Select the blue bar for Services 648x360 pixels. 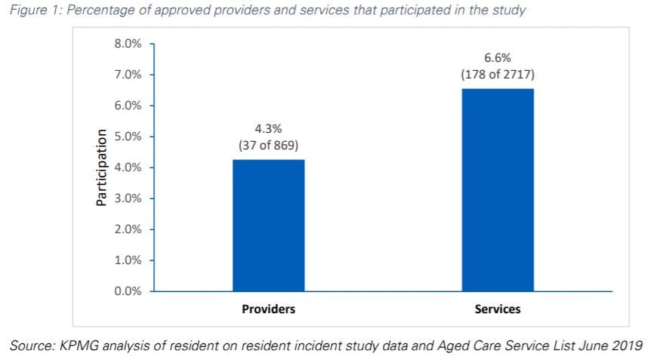point(497,189)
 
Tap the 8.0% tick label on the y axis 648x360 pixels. point(128,44)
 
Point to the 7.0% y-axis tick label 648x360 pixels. point(128,75)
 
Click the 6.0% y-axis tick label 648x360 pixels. point(128,106)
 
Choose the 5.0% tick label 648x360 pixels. point(128,137)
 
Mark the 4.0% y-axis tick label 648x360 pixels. point(128,168)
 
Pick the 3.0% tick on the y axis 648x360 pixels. point(128,198)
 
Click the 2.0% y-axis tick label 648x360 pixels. point(128,229)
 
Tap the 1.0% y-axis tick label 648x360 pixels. point(128,260)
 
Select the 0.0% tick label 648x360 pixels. point(128,291)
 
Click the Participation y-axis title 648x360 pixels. point(100,168)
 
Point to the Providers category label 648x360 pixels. point(268,309)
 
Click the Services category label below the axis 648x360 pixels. point(497,309)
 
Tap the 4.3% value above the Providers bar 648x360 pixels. point(268,129)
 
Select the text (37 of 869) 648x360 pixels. point(268,145)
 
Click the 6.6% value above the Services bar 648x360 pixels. point(497,58)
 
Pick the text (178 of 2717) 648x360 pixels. point(497,75)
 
